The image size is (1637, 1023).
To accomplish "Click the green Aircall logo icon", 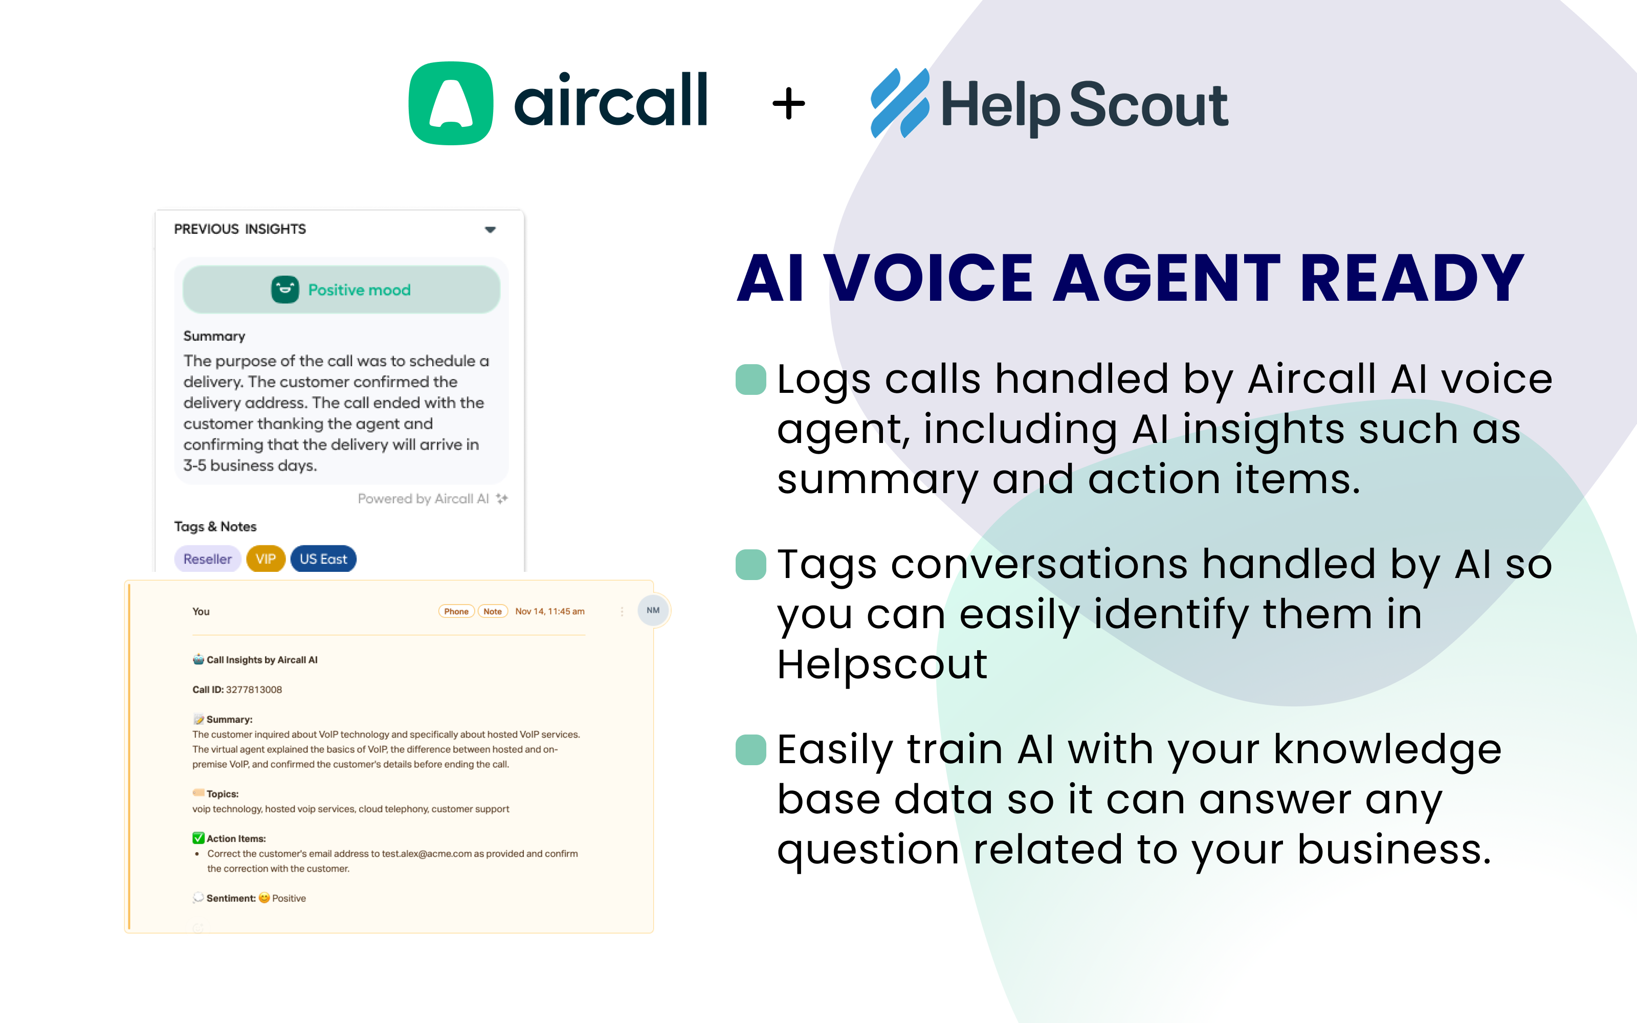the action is [x=451, y=103].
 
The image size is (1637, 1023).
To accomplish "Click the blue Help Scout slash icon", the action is [x=900, y=103].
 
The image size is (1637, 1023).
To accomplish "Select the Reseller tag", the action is [x=207, y=559].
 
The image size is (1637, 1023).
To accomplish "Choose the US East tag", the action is [x=323, y=559].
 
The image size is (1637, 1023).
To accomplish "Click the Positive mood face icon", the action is [x=285, y=290].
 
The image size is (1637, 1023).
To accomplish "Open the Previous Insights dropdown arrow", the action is [x=491, y=229].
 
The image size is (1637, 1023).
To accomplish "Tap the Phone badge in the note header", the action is [x=457, y=612].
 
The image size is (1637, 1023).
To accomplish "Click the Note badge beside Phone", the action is [x=493, y=612].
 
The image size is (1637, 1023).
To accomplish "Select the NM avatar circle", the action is [x=653, y=610].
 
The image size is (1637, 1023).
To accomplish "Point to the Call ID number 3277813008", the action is [x=254, y=690].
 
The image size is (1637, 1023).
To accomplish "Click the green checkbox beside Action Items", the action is [x=198, y=838].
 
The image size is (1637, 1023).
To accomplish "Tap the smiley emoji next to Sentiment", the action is [x=264, y=898].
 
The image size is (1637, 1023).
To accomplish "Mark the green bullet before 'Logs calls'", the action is [x=751, y=380].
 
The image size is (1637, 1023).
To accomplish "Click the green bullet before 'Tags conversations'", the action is [x=751, y=565].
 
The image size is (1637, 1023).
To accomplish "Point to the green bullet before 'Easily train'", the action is [x=751, y=750].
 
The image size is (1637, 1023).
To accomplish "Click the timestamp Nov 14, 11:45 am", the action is [x=550, y=612].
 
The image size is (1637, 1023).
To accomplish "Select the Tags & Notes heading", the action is [x=215, y=526].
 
